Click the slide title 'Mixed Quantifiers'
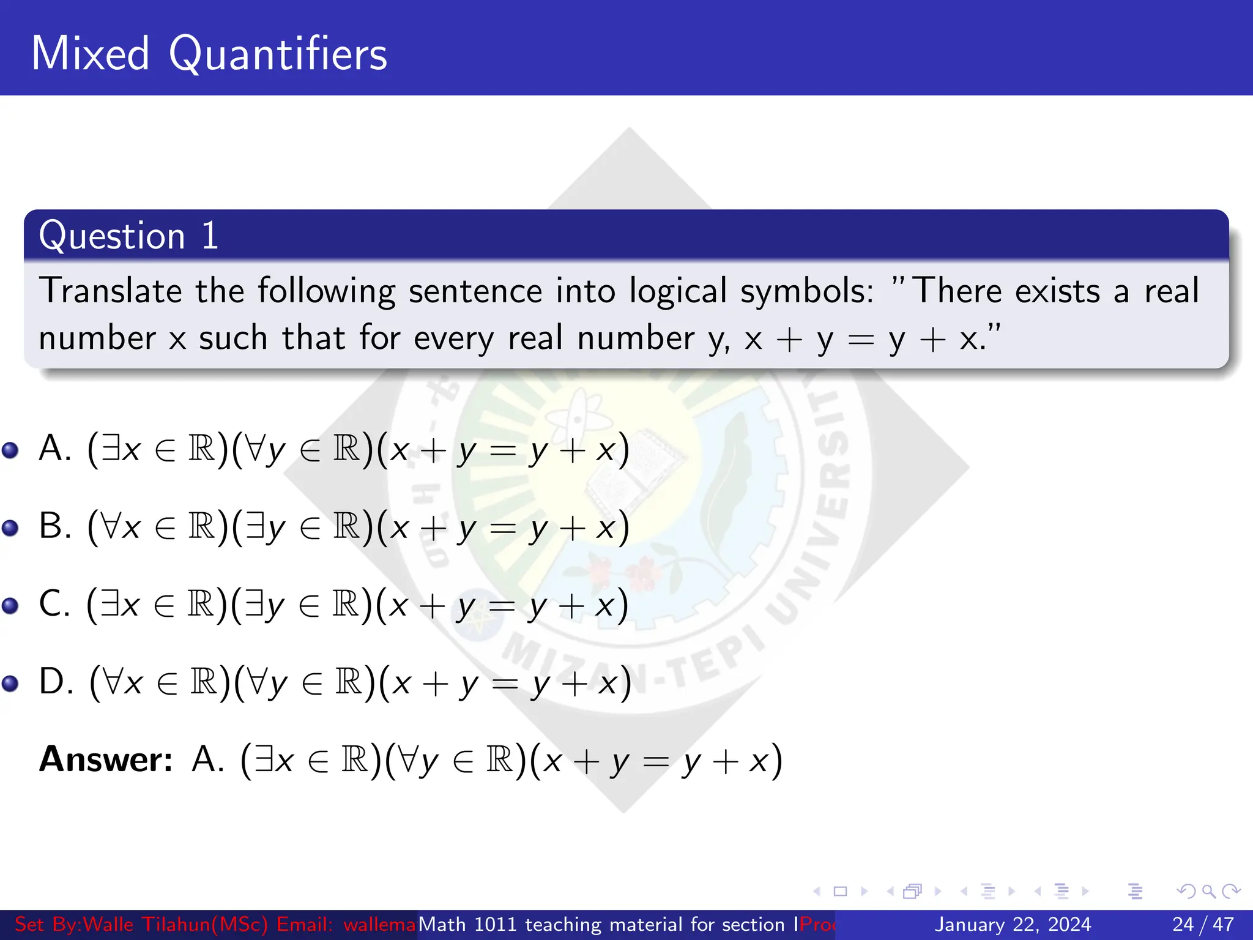pyautogui.click(x=209, y=54)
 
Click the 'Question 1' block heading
pyautogui.click(x=128, y=236)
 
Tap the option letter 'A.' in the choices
pyautogui.click(x=55, y=448)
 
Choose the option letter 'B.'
pyautogui.click(x=55, y=526)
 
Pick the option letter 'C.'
pyautogui.click(x=54, y=603)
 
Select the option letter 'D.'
pyautogui.click(x=56, y=681)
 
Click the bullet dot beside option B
pyautogui.click(x=10, y=528)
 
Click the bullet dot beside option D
pyautogui.click(x=10, y=683)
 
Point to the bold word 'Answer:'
pyautogui.click(x=106, y=759)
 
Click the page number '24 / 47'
pyautogui.click(x=1203, y=924)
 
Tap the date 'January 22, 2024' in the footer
pyautogui.click(x=1013, y=924)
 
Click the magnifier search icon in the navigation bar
pyautogui.click(x=1208, y=891)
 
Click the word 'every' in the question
pyautogui.click(x=453, y=338)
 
